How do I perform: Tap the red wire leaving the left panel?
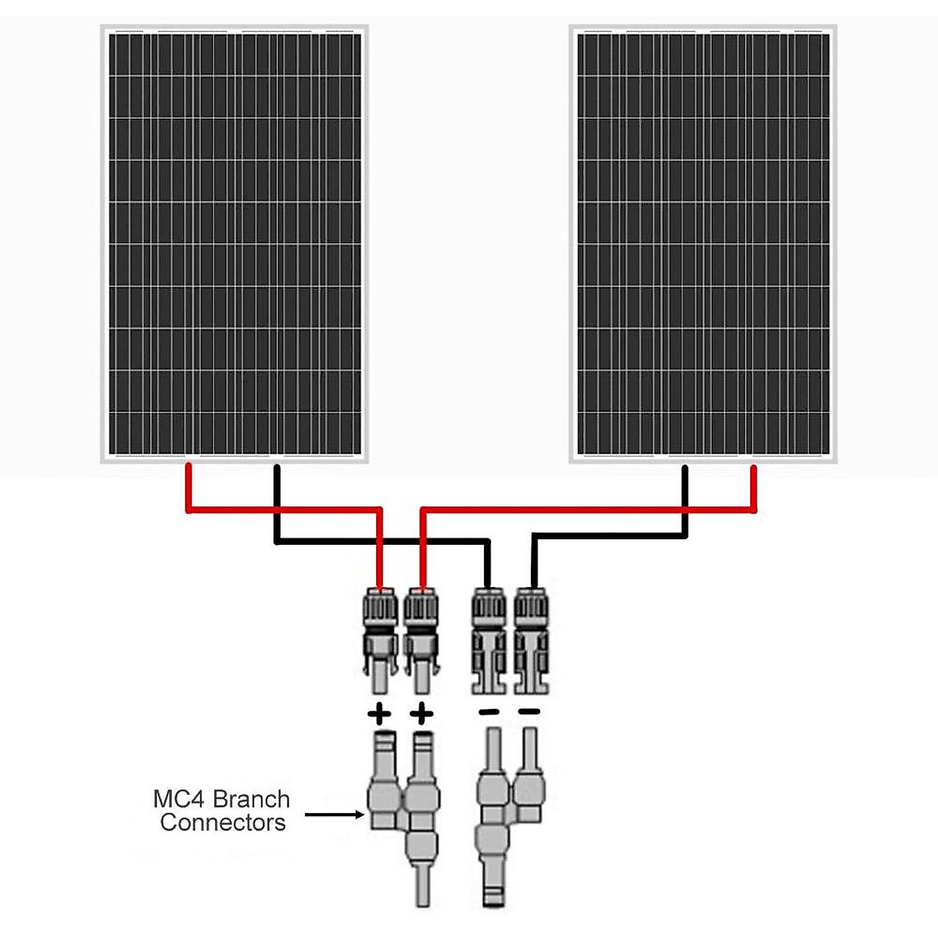tap(188, 489)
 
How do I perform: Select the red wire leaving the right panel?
tap(754, 489)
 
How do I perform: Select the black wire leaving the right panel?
tap(685, 500)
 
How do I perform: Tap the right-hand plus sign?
tap(421, 713)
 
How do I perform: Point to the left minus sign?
tap(489, 712)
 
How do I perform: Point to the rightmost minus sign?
tap(529, 711)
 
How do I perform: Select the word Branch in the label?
tap(251, 799)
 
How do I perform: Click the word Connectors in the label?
tap(223, 822)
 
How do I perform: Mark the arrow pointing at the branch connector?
tap(335, 814)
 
